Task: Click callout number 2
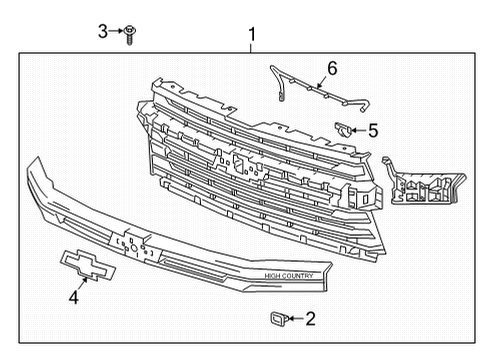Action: [310, 319]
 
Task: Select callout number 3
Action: [102, 33]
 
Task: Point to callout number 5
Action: [372, 129]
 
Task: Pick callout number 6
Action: [332, 69]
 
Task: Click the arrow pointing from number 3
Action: [117, 34]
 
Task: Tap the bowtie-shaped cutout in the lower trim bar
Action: [133, 244]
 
